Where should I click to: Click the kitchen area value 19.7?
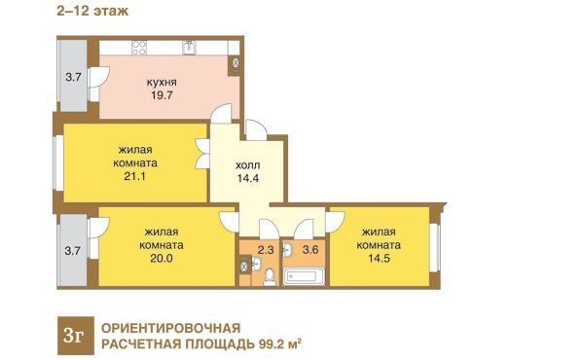pos(162,95)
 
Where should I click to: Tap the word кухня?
pos(162,82)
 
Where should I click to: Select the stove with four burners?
pos(139,48)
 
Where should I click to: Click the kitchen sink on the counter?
pos(189,48)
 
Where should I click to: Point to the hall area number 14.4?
pos(248,178)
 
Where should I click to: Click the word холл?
pos(247,165)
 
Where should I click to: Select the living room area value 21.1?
pos(135,176)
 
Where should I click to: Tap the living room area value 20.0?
pos(162,259)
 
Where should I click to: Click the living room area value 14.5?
pos(380,259)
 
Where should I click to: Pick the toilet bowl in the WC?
pos(269,277)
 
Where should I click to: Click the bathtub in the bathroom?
pos(303,276)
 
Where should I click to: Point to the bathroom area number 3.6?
pos(310,249)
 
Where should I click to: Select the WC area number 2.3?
pos(266,249)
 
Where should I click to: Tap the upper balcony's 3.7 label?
pos(73,78)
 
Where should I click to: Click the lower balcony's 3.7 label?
pos(73,251)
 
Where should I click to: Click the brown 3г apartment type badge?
pos(76,336)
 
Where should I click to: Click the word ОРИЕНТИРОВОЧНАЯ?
pos(171,328)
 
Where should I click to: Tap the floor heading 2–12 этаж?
pos(92,11)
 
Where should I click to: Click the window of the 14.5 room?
pos(435,247)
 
